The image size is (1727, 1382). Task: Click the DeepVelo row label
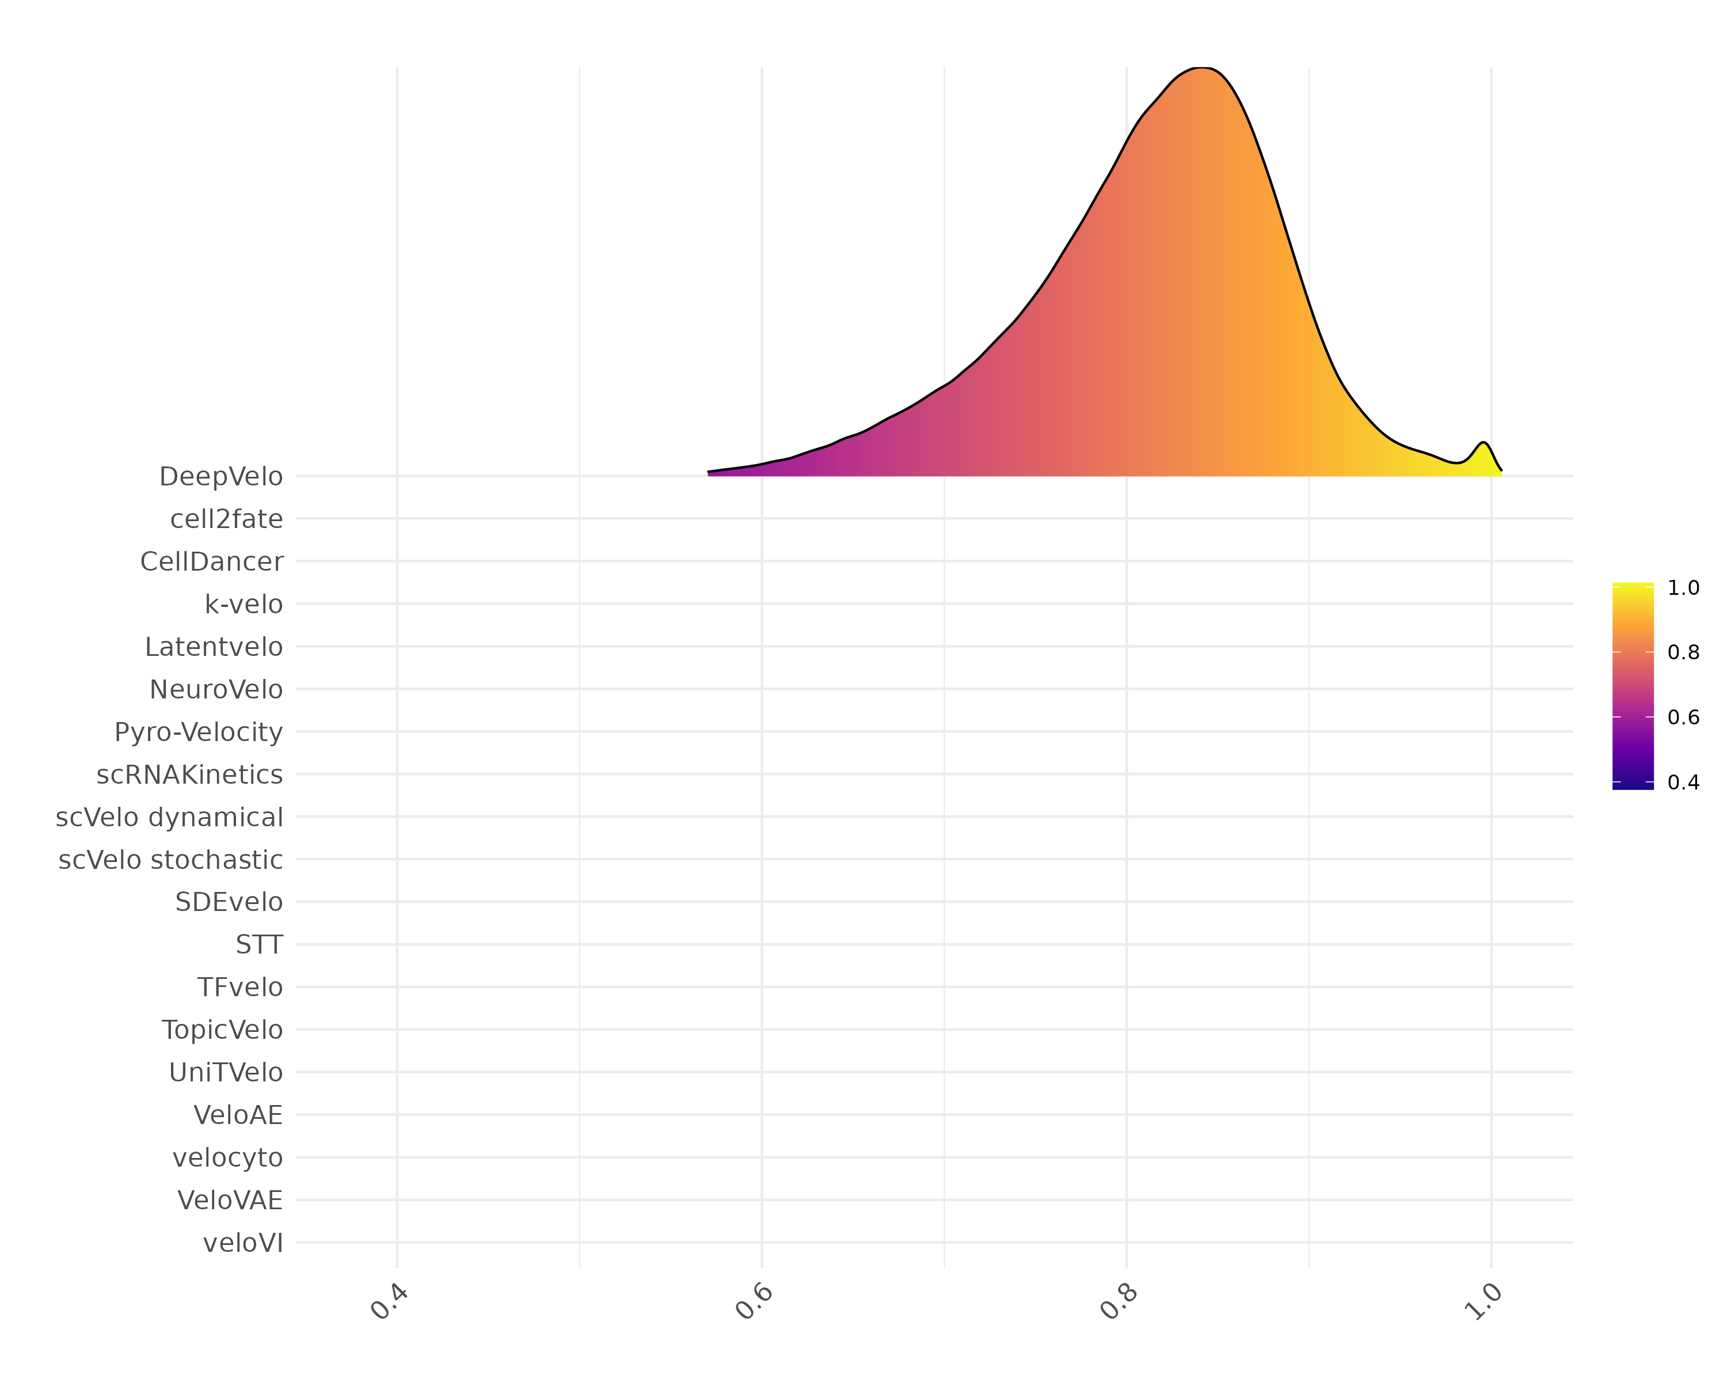221,477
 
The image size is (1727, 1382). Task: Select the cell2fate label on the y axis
227,519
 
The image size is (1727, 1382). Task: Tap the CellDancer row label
211,561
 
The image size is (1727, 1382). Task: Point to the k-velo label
244,604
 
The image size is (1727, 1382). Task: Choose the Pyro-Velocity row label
199,732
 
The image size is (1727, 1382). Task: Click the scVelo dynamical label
169,817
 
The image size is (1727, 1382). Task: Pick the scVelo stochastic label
170,860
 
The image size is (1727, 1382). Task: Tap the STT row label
258,944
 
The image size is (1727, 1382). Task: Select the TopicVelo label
222,1030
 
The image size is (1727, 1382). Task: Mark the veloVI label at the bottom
243,1243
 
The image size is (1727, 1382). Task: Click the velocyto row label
227,1157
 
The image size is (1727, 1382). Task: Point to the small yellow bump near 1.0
1483,449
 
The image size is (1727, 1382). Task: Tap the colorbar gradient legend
1633,686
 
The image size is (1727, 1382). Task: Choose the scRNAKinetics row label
189,774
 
